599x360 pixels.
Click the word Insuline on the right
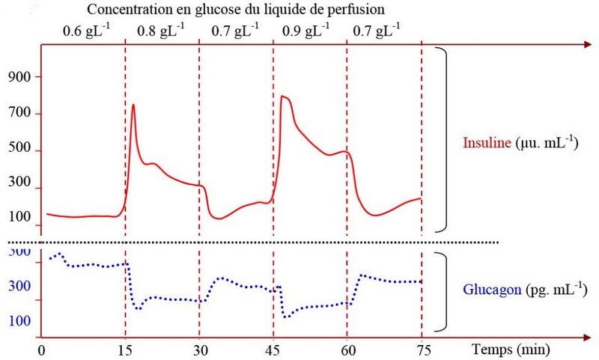[487, 142]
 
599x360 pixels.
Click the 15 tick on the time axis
[125, 350]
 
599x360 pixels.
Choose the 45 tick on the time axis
[273, 350]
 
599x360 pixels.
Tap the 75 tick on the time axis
[422, 350]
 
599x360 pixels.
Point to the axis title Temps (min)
[511, 349]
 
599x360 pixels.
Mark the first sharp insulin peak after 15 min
[133, 105]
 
